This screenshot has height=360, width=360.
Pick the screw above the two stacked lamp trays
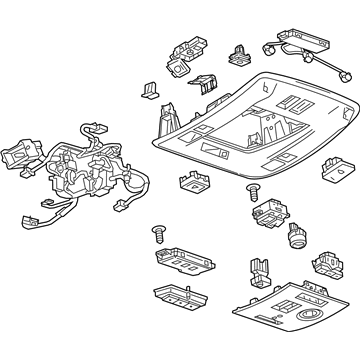156,234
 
